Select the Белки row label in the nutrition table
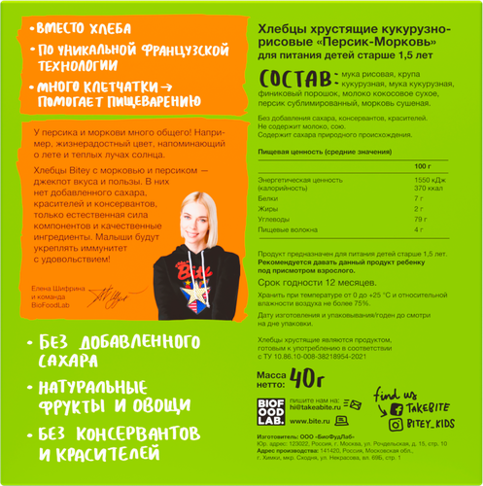pos(268,197)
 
